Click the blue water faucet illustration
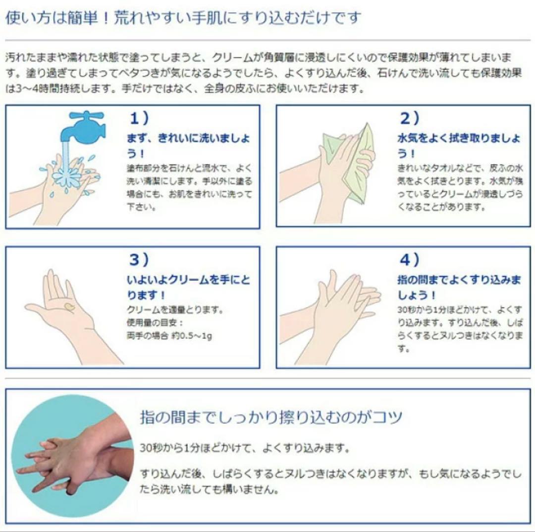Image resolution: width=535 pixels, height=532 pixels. (88, 126)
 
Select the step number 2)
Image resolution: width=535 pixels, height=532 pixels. (410, 118)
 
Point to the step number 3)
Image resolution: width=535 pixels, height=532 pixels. (139, 259)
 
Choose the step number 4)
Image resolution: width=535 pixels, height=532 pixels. (410, 259)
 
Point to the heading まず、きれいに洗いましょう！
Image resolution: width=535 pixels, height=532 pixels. (188, 145)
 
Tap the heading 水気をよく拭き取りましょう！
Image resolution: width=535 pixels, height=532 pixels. (459, 145)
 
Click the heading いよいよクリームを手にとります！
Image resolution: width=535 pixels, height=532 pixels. (188, 287)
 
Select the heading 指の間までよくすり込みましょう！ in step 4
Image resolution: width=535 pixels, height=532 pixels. (459, 287)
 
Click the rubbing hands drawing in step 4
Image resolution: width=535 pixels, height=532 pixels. (337, 307)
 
